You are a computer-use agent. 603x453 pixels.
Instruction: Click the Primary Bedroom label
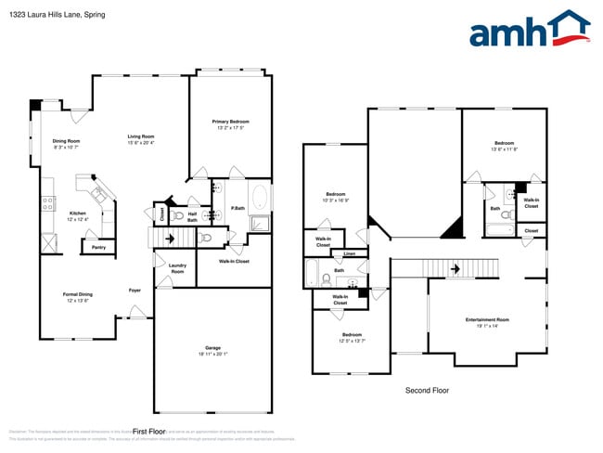pos(230,122)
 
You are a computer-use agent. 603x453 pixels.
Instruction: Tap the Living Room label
pos(141,136)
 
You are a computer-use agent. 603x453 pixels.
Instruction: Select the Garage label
pos(212,347)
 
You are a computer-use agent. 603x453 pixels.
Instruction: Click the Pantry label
pos(97,247)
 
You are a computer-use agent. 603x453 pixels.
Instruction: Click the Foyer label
pos(135,291)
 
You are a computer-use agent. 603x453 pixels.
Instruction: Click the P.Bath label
pos(237,208)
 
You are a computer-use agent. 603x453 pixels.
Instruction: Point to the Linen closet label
pos(349,253)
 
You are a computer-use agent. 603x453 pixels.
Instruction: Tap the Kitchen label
pos(78,213)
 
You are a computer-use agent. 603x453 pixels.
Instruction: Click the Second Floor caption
pos(427,391)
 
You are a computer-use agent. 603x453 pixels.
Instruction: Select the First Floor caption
pos(148,432)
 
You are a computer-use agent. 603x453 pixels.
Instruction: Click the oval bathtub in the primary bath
pos(259,199)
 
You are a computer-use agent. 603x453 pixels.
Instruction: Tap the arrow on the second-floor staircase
pos(455,268)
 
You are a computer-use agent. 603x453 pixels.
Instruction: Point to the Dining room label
pos(65,140)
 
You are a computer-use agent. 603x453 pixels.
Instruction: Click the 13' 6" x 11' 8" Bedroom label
pos(504,144)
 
